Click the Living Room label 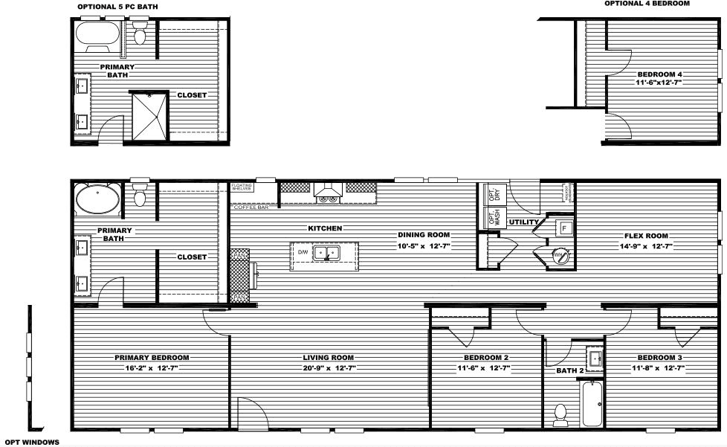(x=328, y=358)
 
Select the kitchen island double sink (x=347, y=253)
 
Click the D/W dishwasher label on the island (x=303, y=253)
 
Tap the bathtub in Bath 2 (x=592, y=404)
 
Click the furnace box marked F (x=563, y=228)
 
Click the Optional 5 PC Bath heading (x=117, y=7)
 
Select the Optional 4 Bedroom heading (x=647, y=4)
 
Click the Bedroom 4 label (x=659, y=74)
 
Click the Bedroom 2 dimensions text (x=482, y=367)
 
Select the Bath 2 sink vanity (x=594, y=358)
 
